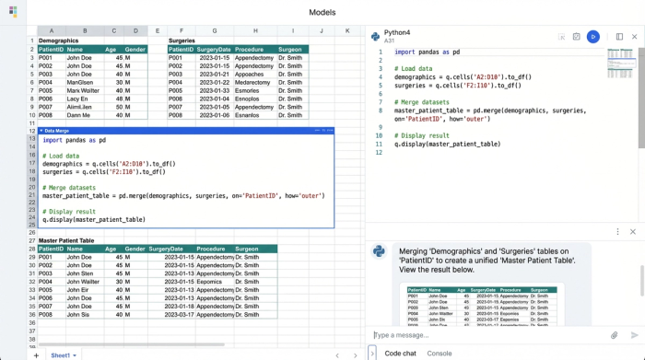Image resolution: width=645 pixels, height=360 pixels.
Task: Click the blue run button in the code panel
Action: point(593,37)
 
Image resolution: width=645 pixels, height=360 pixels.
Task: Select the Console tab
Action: point(440,353)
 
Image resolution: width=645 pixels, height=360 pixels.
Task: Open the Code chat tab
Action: point(400,353)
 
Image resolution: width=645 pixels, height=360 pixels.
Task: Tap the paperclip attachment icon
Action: point(615,335)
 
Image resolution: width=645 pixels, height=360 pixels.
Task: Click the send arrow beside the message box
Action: point(634,335)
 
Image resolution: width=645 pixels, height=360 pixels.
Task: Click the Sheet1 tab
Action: point(61,354)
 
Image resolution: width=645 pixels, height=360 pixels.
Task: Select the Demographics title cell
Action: point(59,41)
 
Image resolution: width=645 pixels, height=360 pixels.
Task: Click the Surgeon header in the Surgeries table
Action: point(290,49)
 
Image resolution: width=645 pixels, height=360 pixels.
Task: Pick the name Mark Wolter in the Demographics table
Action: point(83,90)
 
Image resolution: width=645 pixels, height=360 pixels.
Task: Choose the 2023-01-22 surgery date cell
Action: point(215,82)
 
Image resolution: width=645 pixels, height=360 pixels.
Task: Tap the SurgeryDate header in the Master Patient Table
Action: point(166,249)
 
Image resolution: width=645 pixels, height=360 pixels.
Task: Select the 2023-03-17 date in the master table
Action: point(166,314)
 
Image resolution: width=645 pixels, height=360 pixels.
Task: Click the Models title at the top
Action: point(322,12)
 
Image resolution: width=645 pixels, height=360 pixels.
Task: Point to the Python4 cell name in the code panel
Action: point(397,32)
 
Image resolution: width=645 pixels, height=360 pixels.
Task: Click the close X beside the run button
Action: point(633,37)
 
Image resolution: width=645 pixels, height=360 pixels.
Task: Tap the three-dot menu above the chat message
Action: point(618,231)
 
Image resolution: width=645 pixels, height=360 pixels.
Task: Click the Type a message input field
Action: point(488,335)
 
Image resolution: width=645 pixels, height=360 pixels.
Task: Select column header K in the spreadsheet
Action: point(347,30)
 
